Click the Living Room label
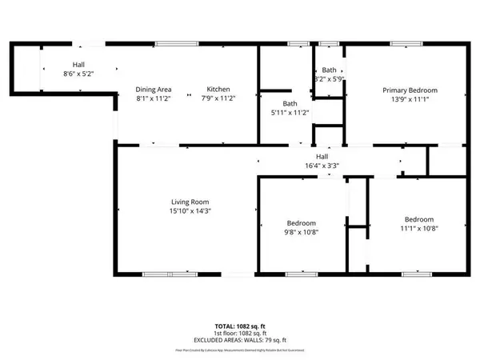click(x=190, y=202)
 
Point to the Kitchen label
click(x=218, y=89)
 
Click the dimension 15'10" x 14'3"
click(x=190, y=211)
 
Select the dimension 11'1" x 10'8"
click(x=418, y=229)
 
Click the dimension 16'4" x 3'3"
click(x=322, y=166)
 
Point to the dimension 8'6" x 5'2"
click(x=78, y=74)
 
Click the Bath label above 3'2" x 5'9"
click(x=329, y=70)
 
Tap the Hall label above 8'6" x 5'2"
click(x=78, y=64)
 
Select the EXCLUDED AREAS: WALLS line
click(x=240, y=340)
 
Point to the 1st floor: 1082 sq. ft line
click(x=240, y=334)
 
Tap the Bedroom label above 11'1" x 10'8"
click(x=418, y=219)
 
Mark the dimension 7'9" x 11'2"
click(x=218, y=98)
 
